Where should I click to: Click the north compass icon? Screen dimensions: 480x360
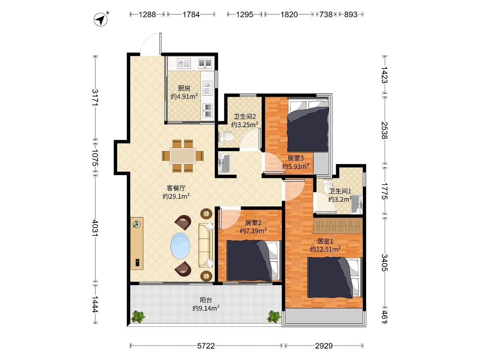point(101,20)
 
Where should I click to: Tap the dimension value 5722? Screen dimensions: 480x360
point(206,346)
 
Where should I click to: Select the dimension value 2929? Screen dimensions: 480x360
point(324,346)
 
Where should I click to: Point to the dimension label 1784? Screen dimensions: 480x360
point(191,15)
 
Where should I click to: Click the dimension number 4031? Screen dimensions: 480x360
point(95,228)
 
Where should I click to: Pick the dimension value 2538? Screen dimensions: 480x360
point(384,130)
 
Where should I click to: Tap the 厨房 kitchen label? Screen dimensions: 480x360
point(184,88)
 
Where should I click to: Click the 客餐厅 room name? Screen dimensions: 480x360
point(176,188)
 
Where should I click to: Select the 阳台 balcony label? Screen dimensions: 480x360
point(206,300)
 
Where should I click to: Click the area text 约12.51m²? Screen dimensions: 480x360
point(325,249)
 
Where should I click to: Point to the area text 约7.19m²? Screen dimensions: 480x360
point(253,231)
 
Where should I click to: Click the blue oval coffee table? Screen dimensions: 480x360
point(180,246)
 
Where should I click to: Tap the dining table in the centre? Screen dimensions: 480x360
point(182,156)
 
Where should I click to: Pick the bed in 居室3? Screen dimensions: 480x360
point(308,125)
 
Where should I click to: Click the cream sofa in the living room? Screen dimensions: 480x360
point(206,245)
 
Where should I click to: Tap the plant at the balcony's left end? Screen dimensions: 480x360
point(138,316)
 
